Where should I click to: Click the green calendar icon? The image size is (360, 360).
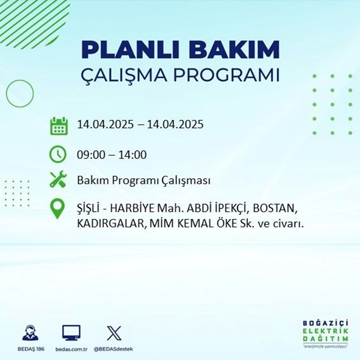pyautogui.click(x=58, y=126)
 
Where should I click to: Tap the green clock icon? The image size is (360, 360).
pyautogui.click(x=58, y=155)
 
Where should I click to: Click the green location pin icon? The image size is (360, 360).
pyautogui.click(x=58, y=210)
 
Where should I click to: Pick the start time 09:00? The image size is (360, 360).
pyautogui.click(x=89, y=156)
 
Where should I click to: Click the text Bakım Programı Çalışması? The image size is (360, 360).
pyautogui.click(x=143, y=181)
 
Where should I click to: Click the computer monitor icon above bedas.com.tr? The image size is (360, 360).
pyautogui.click(x=71, y=333)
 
